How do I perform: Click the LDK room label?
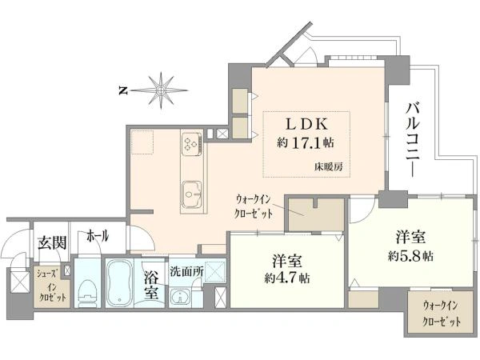(x=306, y=124)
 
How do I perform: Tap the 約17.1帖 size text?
(x=306, y=142)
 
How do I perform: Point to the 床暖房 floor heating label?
(x=328, y=167)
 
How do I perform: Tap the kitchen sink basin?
(x=192, y=194)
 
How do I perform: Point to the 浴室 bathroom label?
(x=151, y=286)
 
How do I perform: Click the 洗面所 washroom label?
(x=186, y=271)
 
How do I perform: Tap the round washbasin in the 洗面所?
(x=180, y=296)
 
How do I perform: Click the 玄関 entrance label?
(x=52, y=243)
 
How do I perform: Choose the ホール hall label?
(x=98, y=236)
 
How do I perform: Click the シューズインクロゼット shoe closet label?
(x=51, y=286)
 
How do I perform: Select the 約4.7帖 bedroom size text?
(x=287, y=278)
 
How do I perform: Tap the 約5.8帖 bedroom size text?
(x=410, y=256)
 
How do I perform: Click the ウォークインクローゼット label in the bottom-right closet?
(x=441, y=314)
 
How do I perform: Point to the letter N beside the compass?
(x=123, y=90)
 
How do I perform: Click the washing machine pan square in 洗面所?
(x=215, y=271)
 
